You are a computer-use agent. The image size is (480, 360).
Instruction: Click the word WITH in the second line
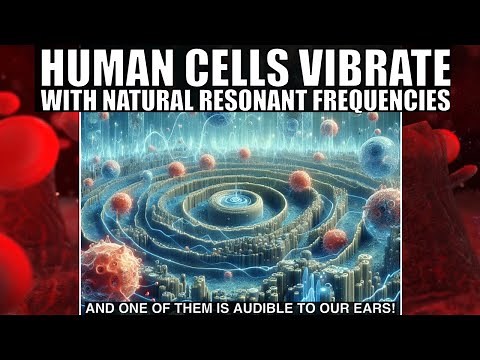[x=66, y=101]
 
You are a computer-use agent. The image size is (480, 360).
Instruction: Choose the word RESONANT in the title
[x=262, y=101]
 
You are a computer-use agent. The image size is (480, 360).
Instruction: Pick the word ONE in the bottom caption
[x=131, y=308]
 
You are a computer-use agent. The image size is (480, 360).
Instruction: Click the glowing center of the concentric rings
[x=236, y=200]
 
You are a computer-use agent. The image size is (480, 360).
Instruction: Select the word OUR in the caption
[x=335, y=308]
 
